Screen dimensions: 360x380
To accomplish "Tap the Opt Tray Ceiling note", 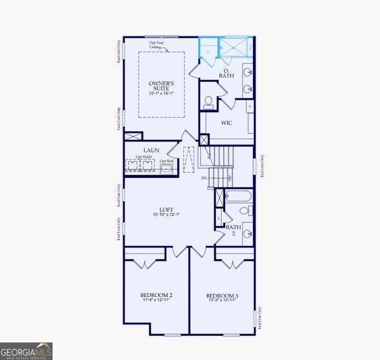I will coord(157,45).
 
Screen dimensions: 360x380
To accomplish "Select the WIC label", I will coord(226,123).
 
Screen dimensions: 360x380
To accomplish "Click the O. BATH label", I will coord(226,73).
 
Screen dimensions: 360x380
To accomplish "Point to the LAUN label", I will coord(151,150).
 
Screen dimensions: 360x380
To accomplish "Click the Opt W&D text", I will coord(143,157).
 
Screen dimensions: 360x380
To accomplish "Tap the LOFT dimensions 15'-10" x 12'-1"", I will coord(167,214).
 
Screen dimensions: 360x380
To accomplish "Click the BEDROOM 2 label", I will coord(157,295).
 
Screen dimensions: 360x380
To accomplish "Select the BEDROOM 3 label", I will coord(222,295).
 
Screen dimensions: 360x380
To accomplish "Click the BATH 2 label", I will coord(233,230).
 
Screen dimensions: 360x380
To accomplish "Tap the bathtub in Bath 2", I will coord(238,196).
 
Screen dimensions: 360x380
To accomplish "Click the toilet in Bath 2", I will coord(245,210).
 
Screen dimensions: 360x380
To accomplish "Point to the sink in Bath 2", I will coord(247,234).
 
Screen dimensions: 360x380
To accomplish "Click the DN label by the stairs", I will coord(204,178).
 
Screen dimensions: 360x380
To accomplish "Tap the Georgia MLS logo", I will coord(26,351).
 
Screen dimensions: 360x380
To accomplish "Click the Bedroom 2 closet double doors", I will coord(145,264).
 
